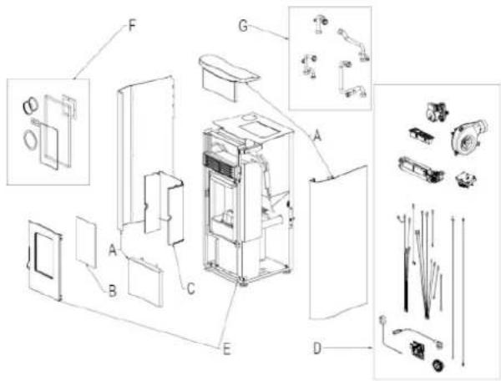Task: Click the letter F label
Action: [x=132, y=26]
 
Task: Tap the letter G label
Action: [x=244, y=26]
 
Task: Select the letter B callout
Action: [x=112, y=291]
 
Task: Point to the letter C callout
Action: [x=190, y=289]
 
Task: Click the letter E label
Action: [x=226, y=349]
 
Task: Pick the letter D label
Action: [x=316, y=348]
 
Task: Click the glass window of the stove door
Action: [x=44, y=256]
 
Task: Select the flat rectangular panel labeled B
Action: [x=86, y=242]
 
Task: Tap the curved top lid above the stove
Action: [x=228, y=76]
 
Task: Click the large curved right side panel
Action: [x=338, y=242]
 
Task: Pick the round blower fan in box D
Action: [x=468, y=136]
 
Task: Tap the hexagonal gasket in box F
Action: [x=30, y=140]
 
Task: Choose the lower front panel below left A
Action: [x=145, y=282]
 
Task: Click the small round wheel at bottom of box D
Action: [x=436, y=365]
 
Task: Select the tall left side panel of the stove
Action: [x=145, y=153]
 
